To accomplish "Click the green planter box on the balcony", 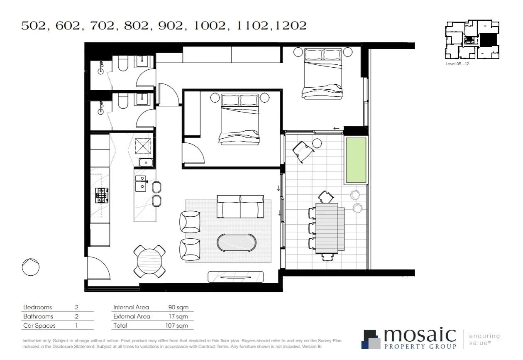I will coord(355,160).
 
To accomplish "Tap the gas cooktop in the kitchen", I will coord(102,195).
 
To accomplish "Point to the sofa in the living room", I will coord(240,206).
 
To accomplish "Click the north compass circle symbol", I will coord(31,267).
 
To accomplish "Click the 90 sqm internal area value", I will coord(178,308).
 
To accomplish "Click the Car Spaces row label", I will coord(39,326).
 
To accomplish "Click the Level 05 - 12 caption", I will coord(457,64).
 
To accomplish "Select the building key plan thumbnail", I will coord(472,40).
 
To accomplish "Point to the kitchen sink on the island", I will coord(142,182).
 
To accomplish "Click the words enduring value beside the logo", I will coord(484,339).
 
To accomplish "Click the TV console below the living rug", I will coord(235,277).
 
